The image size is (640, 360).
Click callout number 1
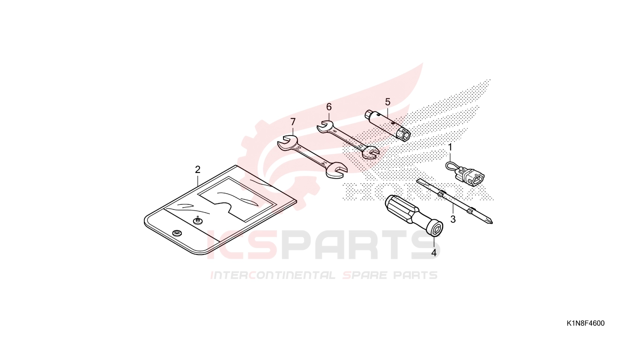(x=450, y=147)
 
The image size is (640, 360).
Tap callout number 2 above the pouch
(x=198, y=170)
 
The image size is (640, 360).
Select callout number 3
(x=453, y=219)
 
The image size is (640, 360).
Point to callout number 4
(x=434, y=253)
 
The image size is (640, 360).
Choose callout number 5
(x=388, y=102)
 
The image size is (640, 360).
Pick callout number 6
(x=329, y=107)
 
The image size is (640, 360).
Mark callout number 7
(x=293, y=122)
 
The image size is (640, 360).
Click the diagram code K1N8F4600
(x=586, y=323)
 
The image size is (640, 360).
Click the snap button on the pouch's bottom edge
(x=177, y=233)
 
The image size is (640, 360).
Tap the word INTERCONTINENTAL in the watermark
(x=273, y=275)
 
